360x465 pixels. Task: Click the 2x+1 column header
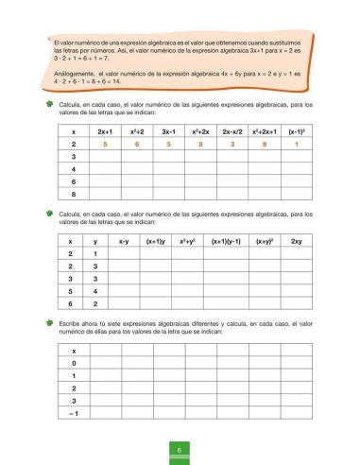pyautogui.click(x=106, y=132)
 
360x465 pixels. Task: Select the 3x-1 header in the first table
pyautogui.click(x=171, y=132)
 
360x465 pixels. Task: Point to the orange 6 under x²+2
pyautogui.click(x=139, y=146)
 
